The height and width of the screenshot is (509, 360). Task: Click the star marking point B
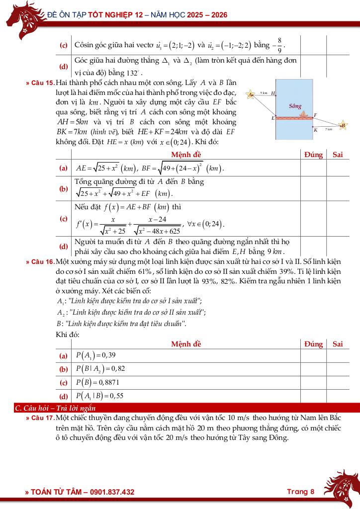pos(343,126)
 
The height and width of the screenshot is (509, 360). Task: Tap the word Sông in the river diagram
pos(295,106)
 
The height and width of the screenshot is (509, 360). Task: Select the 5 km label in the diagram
pos(264,93)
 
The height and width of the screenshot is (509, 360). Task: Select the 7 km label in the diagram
pos(329,129)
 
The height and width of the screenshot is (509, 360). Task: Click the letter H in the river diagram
pos(273,93)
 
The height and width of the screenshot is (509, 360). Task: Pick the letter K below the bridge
pos(315,130)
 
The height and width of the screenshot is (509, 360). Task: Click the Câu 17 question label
pos(40,419)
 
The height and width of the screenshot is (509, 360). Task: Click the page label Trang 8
pos(301,492)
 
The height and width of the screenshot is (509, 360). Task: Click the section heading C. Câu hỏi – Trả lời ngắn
pos(55,409)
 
